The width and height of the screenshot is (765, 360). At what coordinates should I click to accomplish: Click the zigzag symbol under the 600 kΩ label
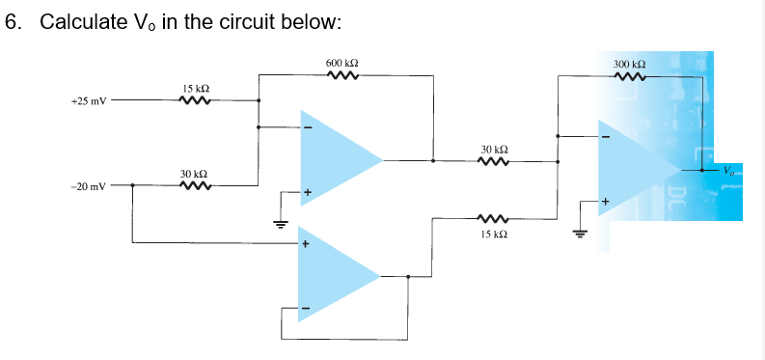pos(343,76)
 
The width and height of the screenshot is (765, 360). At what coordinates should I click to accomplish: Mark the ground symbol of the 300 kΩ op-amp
pos(580,233)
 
